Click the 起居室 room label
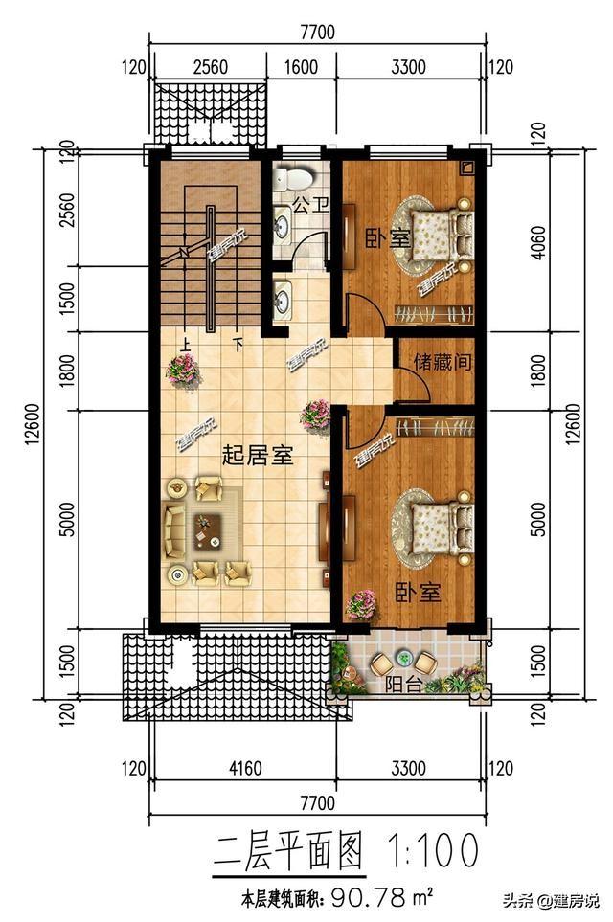257,455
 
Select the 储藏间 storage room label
443,363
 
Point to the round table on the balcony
403,661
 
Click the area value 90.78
370,899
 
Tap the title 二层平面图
288,849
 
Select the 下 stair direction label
238,342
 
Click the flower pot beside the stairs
183,370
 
